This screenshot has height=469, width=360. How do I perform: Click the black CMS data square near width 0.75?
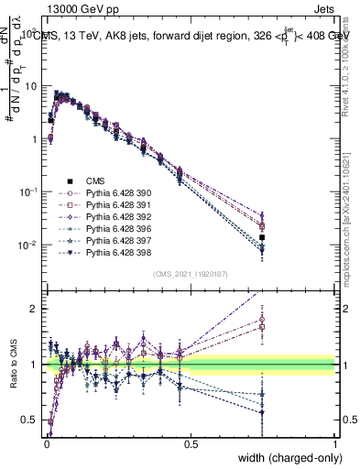tap(262, 237)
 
